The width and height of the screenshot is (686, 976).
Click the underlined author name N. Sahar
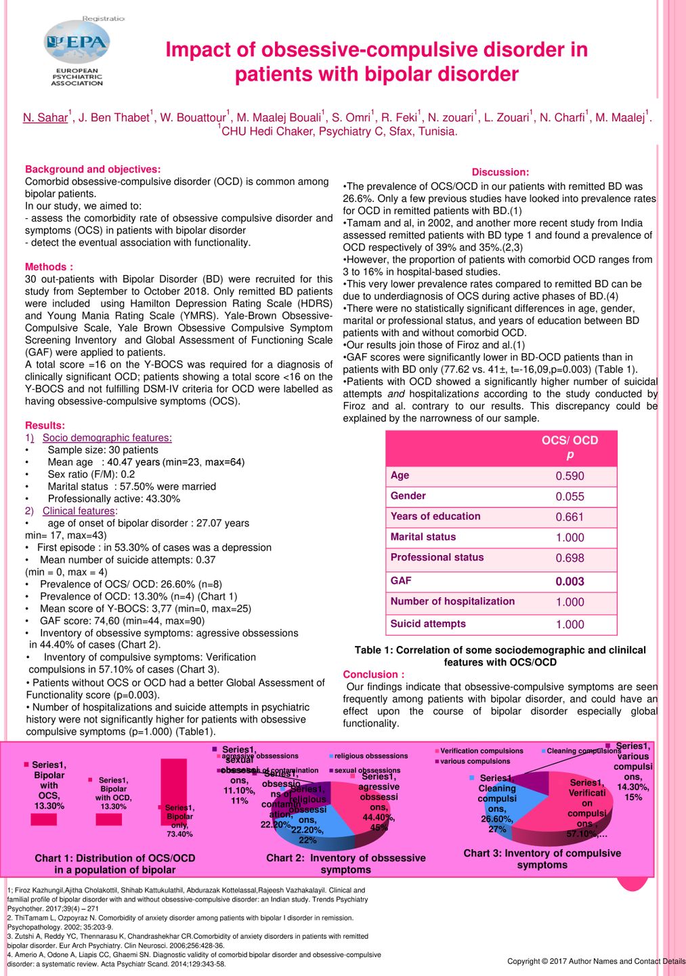pyautogui.click(x=45, y=117)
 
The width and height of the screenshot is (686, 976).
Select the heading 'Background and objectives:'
pyautogui.click(x=93, y=169)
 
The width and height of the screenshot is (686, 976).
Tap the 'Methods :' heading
pyautogui.click(x=49, y=267)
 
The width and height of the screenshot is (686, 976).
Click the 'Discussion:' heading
pyautogui.click(x=500, y=172)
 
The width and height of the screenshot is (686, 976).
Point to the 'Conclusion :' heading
pyautogui.click(x=374, y=674)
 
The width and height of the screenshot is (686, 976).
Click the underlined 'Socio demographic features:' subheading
pyautogui.click(x=107, y=438)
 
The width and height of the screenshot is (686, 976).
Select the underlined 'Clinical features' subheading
pyautogui.click(x=79, y=511)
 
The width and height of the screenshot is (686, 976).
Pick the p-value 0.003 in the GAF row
pyautogui.click(x=570, y=582)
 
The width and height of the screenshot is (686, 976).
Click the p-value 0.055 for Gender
pyautogui.click(x=570, y=497)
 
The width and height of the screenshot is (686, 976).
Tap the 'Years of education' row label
pyautogui.click(x=435, y=516)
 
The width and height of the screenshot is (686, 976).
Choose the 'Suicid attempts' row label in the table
pyautogui.click(x=428, y=624)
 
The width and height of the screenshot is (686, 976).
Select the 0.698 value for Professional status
pyautogui.click(x=570, y=558)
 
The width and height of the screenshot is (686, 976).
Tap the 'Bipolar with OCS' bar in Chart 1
pyautogui.click(x=44, y=819)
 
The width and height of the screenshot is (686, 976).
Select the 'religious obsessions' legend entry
pyautogui.click(x=370, y=756)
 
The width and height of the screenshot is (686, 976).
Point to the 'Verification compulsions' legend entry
pyautogui.click(x=481, y=751)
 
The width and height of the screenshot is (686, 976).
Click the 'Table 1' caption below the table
pyautogui.click(x=500, y=656)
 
